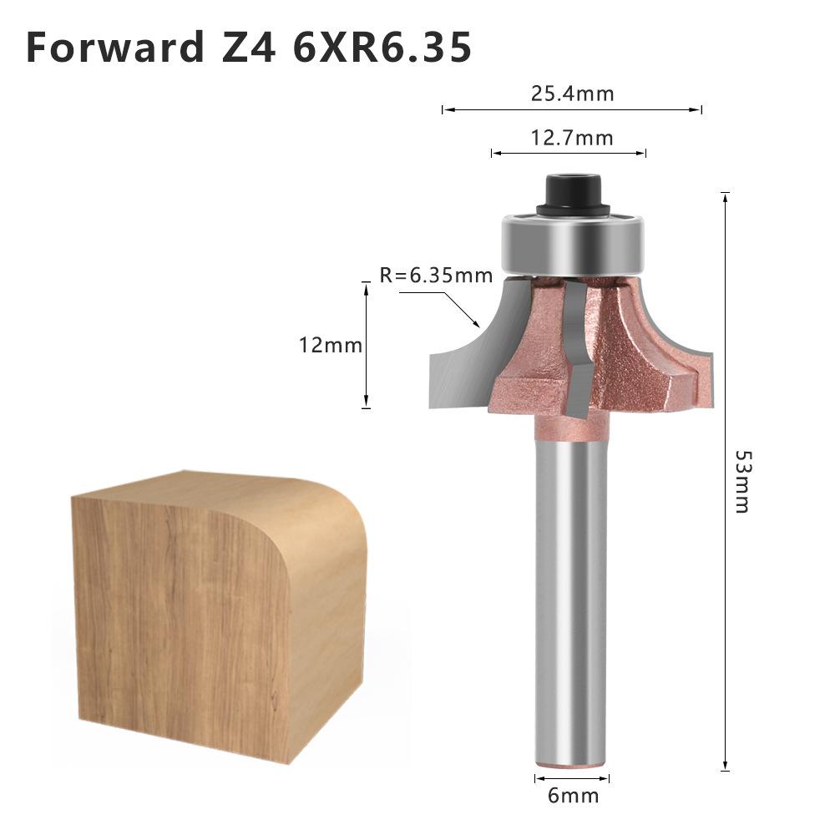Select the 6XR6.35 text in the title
pyautogui.click(x=382, y=47)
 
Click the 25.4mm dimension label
pyautogui.click(x=572, y=93)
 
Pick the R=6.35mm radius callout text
pyautogui.click(x=436, y=275)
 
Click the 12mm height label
pyautogui.click(x=331, y=344)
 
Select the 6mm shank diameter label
pyautogui.click(x=573, y=796)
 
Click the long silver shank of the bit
pyautogui.click(x=571, y=601)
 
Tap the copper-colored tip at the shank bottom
pyautogui.click(x=571, y=762)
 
